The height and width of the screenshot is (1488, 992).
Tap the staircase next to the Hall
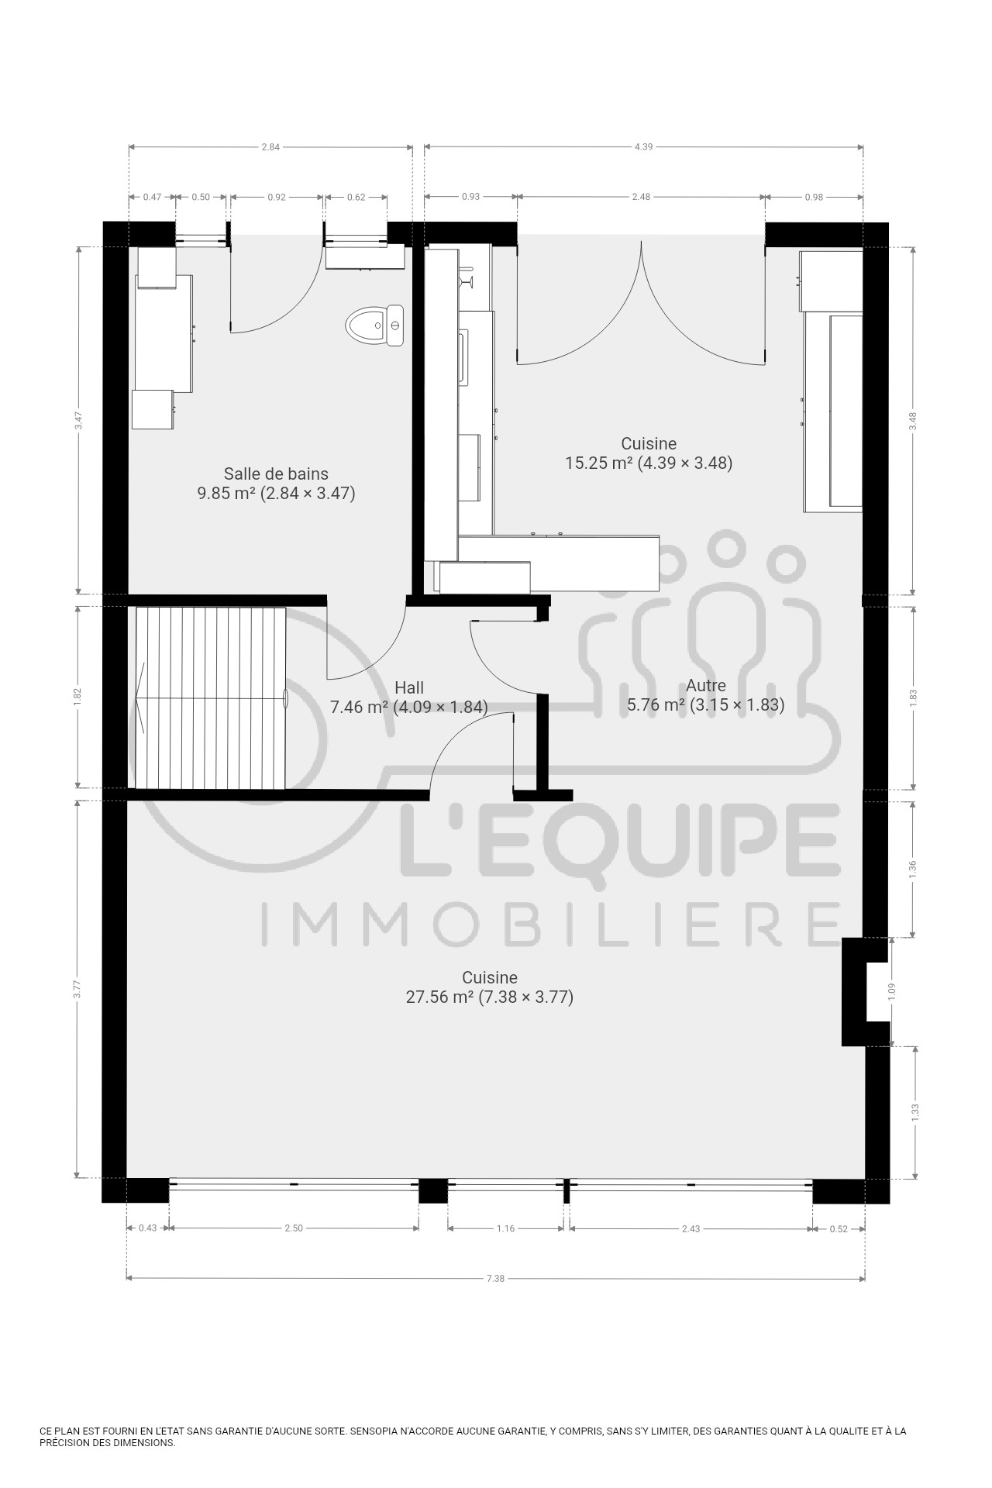[211, 697]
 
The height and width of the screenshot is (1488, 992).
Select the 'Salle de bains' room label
[276, 474]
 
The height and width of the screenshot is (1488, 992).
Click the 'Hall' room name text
[409, 687]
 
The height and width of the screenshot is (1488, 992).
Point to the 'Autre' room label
[706, 685]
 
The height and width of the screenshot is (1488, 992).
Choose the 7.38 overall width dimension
[495, 1278]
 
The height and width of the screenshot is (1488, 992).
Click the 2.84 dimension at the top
[270, 146]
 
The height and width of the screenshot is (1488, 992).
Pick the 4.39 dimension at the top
[643, 146]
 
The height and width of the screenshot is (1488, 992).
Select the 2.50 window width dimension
[294, 1228]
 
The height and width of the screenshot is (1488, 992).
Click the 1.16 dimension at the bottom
[505, 1228]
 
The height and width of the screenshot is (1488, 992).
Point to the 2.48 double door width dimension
[641, 197]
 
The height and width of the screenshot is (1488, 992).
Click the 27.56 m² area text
[439, 997]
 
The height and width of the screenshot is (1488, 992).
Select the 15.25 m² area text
[599, 463]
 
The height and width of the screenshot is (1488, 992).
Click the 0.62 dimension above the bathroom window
[356, 197]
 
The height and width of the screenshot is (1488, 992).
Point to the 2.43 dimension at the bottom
[691, 1228]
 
